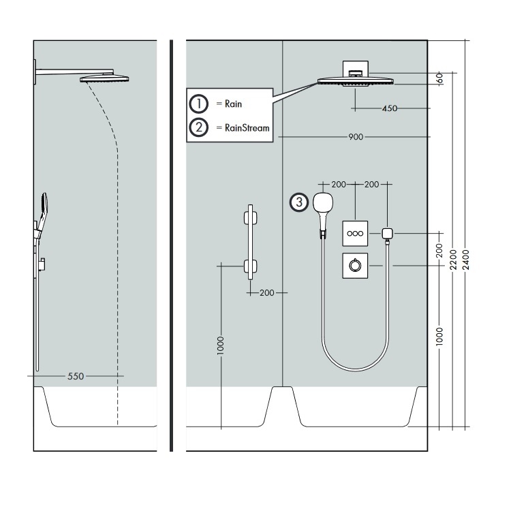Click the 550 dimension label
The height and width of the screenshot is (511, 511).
(76, 375)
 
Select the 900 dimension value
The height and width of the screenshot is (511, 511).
(355, 137)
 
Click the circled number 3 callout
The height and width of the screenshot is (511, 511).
(298, 202)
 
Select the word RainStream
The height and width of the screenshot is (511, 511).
(243, 127)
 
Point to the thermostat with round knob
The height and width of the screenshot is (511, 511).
(356, 266)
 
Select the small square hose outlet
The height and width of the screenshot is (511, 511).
(388, 233)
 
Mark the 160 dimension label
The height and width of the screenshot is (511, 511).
(439, 78)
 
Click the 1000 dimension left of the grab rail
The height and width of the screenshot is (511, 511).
(220, 345)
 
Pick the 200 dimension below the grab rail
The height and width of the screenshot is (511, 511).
(266, 292)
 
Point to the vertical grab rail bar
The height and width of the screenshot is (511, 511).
(250, 242)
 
